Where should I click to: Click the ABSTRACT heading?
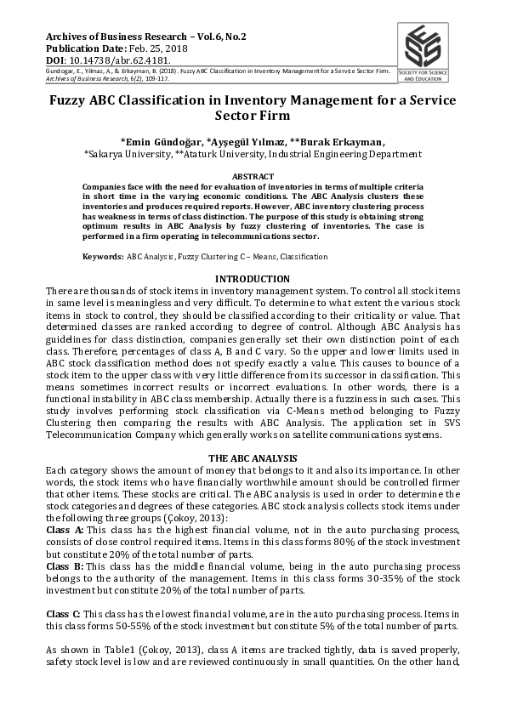tap(253, 175)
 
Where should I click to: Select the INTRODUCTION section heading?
tap(253, 279)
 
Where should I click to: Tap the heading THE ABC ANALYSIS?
tap(253, 458)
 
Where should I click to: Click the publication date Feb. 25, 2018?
tap(159, 50)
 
